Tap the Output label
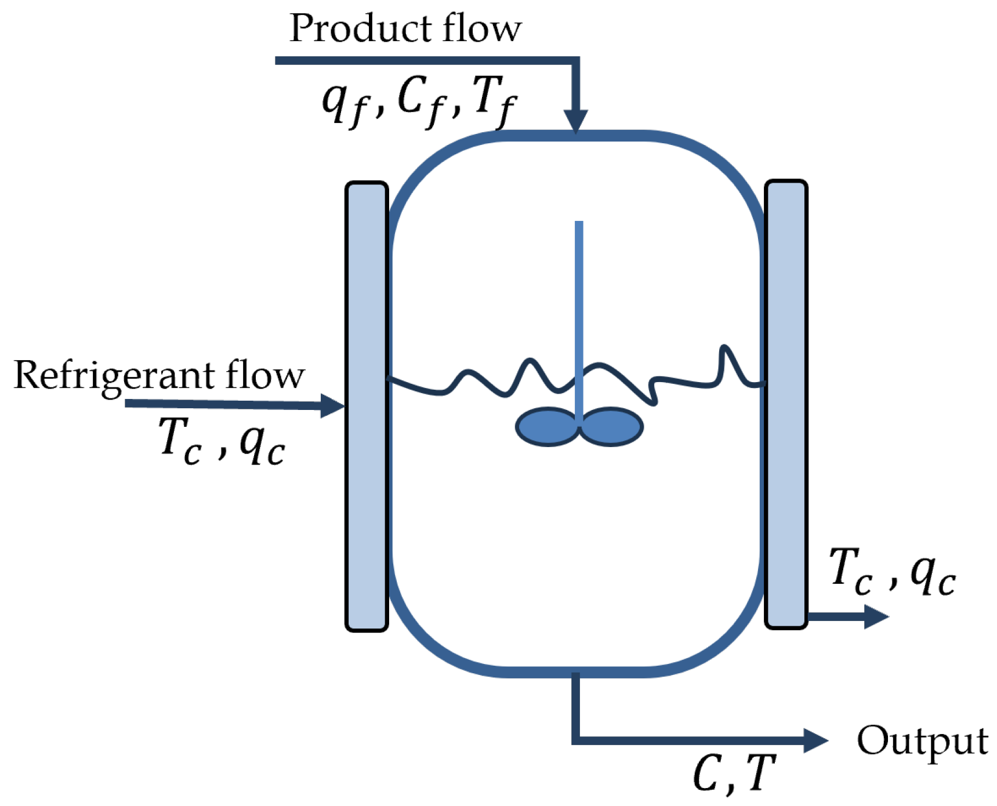point(922,740)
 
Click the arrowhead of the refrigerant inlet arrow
point(333,405)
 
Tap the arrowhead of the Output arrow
point(815,740)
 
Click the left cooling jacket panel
point(367,406)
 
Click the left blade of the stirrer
point(546,427)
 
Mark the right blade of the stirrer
point(611,427)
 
